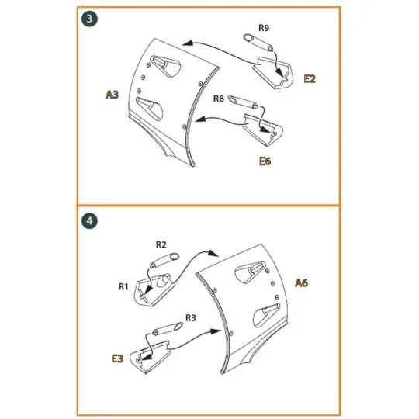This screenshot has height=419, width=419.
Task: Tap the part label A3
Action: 112,95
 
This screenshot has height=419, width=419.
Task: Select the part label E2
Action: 310,79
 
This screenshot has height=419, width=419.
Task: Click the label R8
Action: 219,99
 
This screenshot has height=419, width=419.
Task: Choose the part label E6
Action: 267,162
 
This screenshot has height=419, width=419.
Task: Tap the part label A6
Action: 302,284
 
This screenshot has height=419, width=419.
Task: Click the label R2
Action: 161,244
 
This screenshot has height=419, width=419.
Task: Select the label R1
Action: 123,286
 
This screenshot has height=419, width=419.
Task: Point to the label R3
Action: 191,318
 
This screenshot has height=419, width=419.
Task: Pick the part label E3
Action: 117,358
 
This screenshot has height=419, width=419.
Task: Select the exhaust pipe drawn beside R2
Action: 165,258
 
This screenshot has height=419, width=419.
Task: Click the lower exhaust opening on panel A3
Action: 148,104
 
